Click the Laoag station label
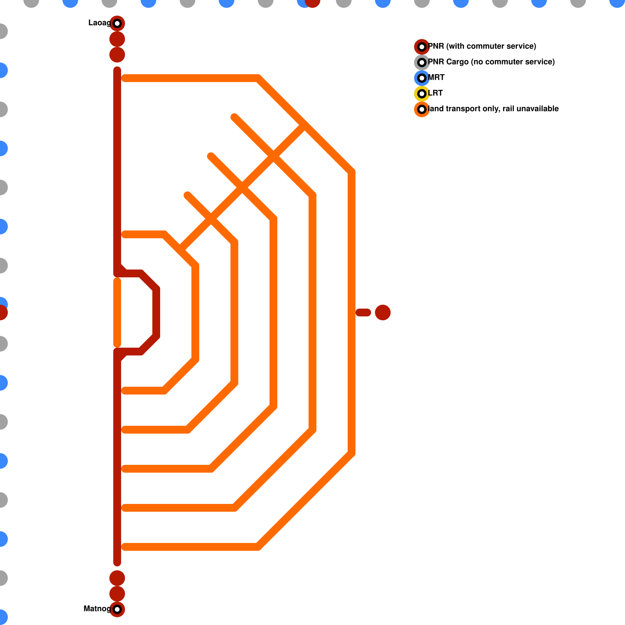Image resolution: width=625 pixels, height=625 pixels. [99, 23]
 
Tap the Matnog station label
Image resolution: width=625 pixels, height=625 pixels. [97, 609]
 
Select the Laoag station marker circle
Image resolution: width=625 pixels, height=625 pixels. [117, 23]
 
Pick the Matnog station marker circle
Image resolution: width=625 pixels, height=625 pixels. [117, 609]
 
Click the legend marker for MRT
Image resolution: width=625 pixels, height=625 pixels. [422, 78]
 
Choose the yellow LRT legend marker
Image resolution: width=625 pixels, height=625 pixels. [422, 94]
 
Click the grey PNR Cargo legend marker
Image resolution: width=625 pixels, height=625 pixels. [422, 62]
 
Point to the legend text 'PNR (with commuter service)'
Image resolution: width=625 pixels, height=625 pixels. [482, 46]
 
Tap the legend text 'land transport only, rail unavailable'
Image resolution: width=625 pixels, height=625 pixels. [493, 109]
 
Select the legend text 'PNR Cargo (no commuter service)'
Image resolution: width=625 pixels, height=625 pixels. [491, 62]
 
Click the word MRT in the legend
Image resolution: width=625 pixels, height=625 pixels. [436, 78]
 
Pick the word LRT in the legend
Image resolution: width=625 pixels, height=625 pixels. [436, 93]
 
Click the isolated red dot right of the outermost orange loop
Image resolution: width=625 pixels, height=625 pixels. [383, 312]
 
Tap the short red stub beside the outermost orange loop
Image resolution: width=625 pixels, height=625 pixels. [363, 312]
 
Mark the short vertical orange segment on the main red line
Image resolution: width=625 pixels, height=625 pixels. [117, 312]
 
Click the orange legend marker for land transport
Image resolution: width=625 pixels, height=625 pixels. [422, 109]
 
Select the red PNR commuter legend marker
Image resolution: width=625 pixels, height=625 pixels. [422, 47]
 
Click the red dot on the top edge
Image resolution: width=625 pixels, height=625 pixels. [312, 2]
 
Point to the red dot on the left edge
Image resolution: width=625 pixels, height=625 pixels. [2, 312]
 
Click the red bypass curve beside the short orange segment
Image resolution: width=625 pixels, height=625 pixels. [156, 312]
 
